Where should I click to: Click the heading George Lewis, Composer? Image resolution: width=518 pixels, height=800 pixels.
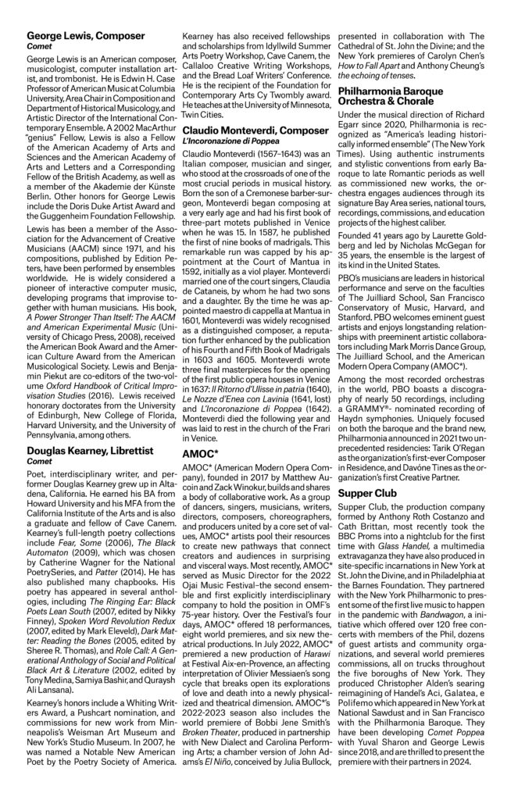[85, 35]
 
